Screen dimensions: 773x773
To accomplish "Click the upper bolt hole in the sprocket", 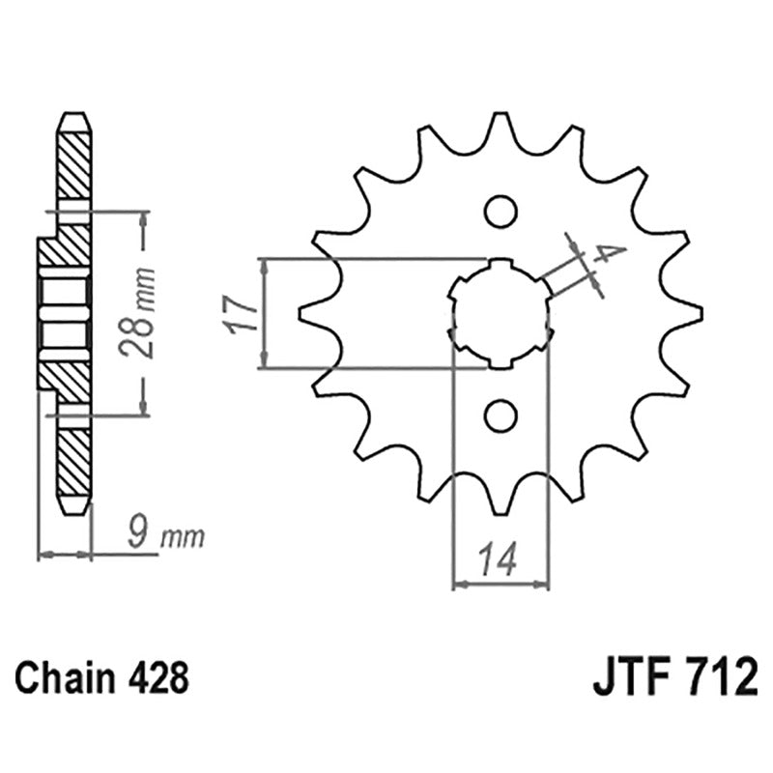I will coord(501,211).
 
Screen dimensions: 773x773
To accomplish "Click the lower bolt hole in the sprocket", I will coord(501,416).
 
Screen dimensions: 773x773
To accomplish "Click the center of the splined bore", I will coord(501,314).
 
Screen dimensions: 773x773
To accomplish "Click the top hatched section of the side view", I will coord(74,164).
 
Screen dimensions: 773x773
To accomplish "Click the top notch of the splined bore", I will coord(501,264).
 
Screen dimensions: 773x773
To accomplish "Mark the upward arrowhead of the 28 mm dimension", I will coord(144,218).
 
